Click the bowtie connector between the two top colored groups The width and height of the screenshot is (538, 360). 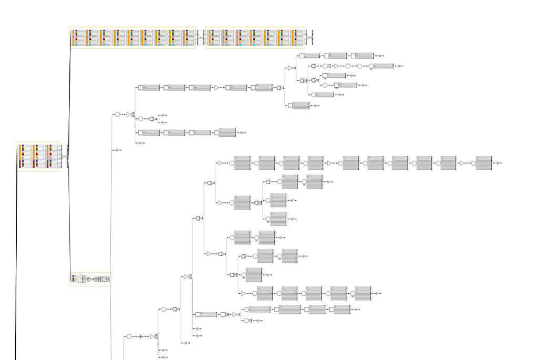[x=201, y=38]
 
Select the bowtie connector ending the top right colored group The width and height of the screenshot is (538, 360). [x=308, y=38]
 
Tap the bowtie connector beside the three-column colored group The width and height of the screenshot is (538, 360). [x=64, y=157]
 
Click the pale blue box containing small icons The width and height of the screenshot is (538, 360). [x=96, y=279]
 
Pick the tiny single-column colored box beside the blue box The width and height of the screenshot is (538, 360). [x=74, y=279]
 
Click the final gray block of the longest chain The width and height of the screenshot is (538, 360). [x=484, y=163]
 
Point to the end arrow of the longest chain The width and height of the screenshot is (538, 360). [x=497, y=163]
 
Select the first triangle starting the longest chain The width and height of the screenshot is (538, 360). [x=221, y=163]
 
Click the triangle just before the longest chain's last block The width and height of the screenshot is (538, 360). [x=463, y=163]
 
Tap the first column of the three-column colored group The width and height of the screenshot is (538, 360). [x=23, y=157]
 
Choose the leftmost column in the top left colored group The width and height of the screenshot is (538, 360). [x=76, y=38]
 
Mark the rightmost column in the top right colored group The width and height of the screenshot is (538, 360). [x=297, y=38]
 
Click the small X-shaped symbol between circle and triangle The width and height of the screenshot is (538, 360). [x=141, y=336]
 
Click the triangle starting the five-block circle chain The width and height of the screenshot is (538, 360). [x=244, y=293]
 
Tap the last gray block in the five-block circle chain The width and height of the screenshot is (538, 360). [x=363, y=293]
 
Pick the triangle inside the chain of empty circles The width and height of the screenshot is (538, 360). [x=337, y=66]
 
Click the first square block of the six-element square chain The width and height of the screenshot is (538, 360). [x=141, y=88]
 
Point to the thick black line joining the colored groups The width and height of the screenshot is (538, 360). [x=69, y=158]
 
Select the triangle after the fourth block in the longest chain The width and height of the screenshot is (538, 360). [x=330, y=163]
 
